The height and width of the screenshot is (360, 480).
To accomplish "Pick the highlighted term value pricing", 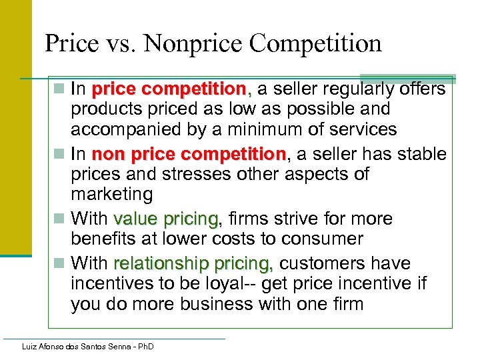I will [x=165, y=219].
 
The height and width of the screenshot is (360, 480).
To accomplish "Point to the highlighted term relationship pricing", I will [x=194, y=263].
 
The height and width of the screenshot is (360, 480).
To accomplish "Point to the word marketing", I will [x=111, y=194].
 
